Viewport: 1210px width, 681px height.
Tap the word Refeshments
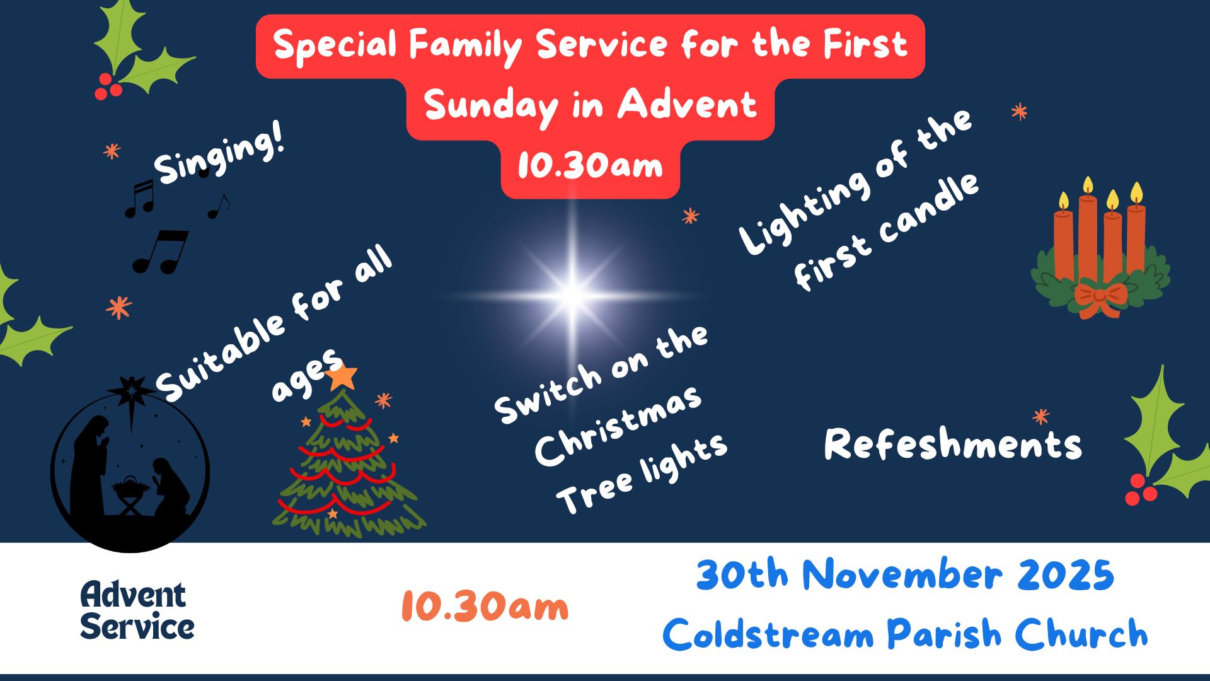coord(953,444)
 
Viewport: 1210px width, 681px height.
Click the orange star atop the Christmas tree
coord(342,376)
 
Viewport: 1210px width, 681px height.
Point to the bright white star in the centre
coord(573,295)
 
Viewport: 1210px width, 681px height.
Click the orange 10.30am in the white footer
coord(485,607)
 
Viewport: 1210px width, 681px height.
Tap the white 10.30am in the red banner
coord(590,166)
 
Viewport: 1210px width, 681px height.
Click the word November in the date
coord(902,575)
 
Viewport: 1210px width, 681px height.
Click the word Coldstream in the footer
coord(768,633)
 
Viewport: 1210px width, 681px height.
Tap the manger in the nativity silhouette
coord(131,493)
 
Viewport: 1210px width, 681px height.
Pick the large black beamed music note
coord(161,251)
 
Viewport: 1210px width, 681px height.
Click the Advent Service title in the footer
coord(137,610)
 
